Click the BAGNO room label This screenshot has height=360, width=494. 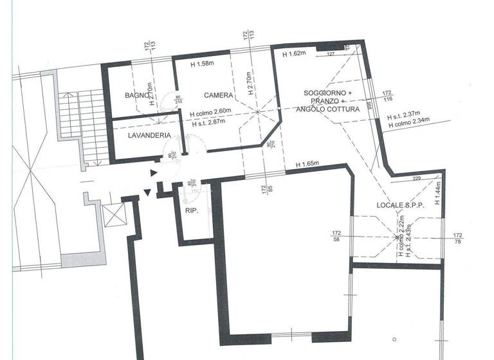[136, 96]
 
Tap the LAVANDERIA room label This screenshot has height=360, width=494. [149, 136]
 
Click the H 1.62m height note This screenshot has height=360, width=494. [295, 55]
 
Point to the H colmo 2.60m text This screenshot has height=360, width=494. [211, 111]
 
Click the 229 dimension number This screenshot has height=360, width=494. [416, 179]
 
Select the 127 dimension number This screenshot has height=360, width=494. [331, 54]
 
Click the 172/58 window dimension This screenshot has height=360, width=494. [336, 236]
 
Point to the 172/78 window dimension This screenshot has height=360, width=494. [458, 239]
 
